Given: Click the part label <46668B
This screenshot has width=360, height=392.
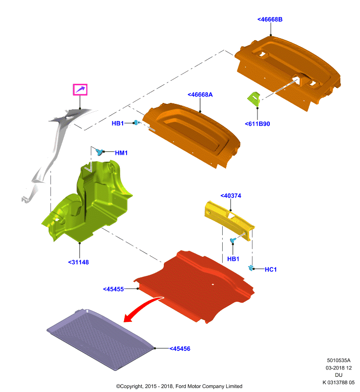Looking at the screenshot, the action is tap(270, 20).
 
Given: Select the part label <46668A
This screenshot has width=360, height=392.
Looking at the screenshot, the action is tap(200, 95).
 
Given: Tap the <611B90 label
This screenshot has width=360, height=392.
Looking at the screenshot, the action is tap(257, 124).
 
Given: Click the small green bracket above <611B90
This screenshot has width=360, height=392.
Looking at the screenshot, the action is tap(254, 99).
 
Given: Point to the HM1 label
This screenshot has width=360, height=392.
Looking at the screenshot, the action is tap(121, 153).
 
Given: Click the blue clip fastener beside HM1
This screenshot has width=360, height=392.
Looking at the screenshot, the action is tap(100, 152).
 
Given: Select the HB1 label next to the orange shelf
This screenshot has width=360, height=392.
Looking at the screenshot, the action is tap(118, 123).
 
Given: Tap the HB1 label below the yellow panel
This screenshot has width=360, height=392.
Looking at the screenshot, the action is tap(233, 259).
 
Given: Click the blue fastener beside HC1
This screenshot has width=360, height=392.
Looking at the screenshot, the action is tap(251, 268).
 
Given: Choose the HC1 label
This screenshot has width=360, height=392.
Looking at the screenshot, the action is tap(270, 269).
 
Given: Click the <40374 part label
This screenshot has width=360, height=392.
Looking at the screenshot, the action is tap(231, 196).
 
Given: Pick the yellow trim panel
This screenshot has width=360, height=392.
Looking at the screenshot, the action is tap(229, 220).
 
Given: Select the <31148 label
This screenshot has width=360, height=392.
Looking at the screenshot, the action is tap(78, 262).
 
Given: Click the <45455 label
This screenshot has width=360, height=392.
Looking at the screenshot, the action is tap(113, 289).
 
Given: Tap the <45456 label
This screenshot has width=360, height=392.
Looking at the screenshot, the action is tap(180, 349).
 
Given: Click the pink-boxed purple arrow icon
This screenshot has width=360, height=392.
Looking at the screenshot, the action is tap(80, 90).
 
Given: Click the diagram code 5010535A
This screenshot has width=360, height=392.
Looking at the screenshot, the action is tap(338, 361).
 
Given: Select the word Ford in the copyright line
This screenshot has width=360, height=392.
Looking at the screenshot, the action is tap(181, 386).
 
